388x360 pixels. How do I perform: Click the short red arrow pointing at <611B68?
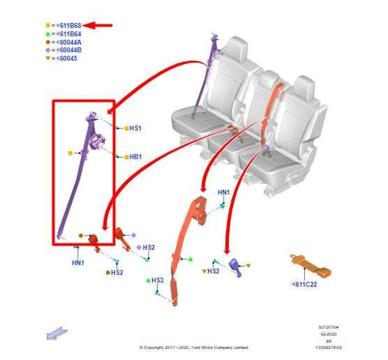tap(102, 25)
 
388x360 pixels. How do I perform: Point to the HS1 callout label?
tap(135, 129)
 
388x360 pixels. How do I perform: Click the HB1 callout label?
tap(135, 156)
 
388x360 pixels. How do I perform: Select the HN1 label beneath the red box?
tap(78, 262)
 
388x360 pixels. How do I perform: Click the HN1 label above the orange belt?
tap(224, 192)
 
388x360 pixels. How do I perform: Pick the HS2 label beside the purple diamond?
tap(149, 247)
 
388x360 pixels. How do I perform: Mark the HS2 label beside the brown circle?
tap(117, 273)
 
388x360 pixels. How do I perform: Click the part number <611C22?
tap(305, 284)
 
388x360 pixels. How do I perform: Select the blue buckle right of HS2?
tap(238, 266)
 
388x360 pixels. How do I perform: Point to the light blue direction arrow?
tap(56, 313)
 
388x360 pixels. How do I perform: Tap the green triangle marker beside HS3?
tap(148, 280)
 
